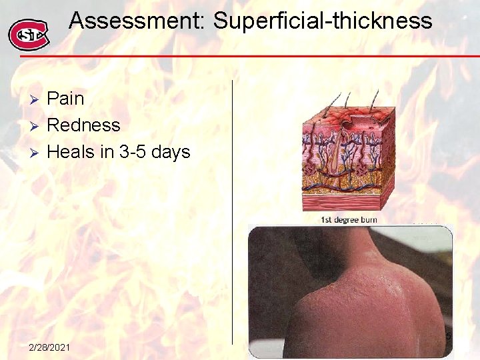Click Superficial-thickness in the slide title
[323, 21]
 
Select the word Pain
[66, 99]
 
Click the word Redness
[84, 125]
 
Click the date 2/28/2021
[52, 347]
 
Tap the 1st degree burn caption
[349, 219]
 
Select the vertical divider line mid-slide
[233, 200]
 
